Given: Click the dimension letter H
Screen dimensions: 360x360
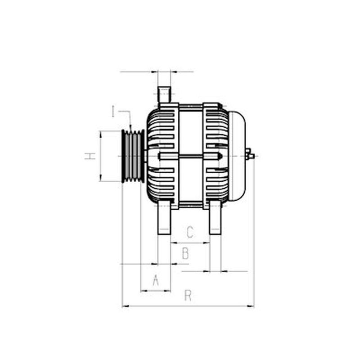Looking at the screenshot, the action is pyautogui.click(x=90, y=156).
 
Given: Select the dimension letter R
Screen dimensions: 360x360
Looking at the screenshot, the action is pyautogui.click(x=188, y=296).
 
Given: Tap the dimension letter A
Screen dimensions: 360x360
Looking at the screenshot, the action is pyautogui.click(x=156, y=280).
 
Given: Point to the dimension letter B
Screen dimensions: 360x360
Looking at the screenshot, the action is pyautogui.click(x=185, y=253).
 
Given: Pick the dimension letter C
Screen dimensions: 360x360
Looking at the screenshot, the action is pyautogui.click(x=190, y=232).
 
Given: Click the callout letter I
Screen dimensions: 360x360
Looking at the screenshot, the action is pyautogui.click(x=113, y=111).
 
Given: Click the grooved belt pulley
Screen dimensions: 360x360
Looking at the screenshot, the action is pyautogui.click(x=133, y=156).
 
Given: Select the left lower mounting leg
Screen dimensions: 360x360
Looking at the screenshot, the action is pyautogui.click(x=164, y=217).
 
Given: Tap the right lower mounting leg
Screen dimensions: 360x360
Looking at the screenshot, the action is pyautogui.click(x=216, y=217).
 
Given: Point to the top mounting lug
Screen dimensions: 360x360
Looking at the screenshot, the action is pyautogui.click(x=164, y=94).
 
